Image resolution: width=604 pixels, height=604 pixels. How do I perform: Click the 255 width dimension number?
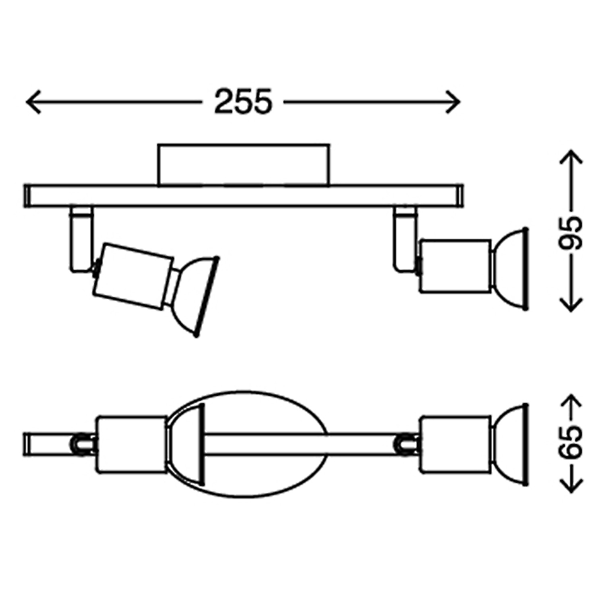(243, 101)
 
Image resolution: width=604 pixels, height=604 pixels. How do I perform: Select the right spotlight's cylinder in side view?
(455, 266)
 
